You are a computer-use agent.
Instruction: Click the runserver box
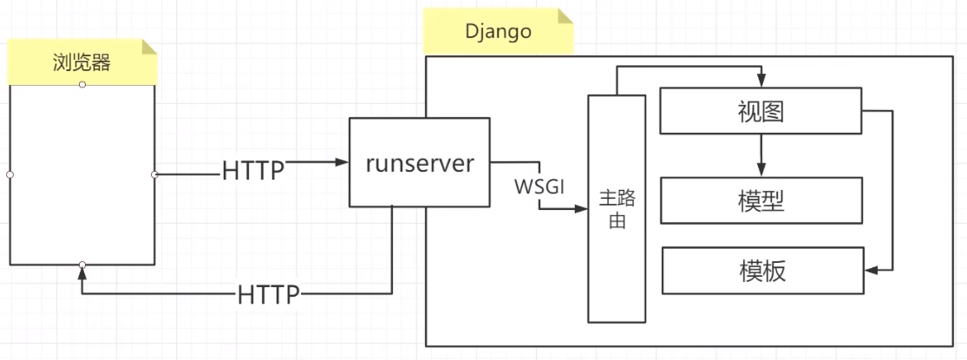pos(420,162)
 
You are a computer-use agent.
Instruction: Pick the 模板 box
pos(762,271)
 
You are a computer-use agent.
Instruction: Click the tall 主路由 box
pos(617,208)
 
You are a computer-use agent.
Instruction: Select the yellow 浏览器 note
pos(82,62)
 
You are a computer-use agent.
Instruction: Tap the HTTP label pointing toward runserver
pos(253,170)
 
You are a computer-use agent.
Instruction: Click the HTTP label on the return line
pos(269,295)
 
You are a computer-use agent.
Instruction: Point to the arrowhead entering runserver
pos(342,162)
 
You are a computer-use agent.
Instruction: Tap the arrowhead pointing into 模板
pos(872,271)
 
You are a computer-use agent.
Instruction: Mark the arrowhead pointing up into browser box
pos(82,273)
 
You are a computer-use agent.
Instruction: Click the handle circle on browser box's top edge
pos(82,84)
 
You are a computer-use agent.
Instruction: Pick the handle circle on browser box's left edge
pos(10,174)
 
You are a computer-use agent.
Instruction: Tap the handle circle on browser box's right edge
pos(154,174)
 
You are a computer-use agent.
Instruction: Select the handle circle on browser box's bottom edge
pos(82,265)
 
